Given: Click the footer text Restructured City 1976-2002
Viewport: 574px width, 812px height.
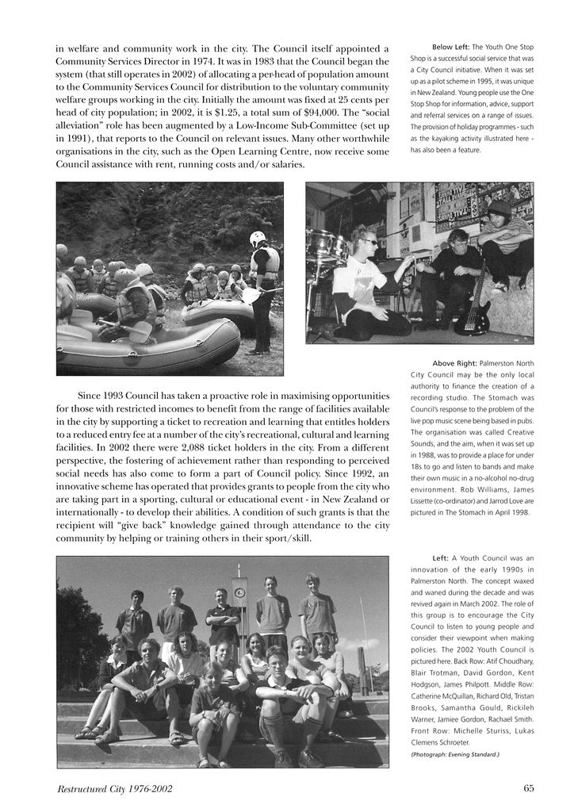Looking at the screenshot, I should click(x=115, y=789).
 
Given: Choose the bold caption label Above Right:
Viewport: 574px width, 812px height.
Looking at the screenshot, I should click(x=454, y=363).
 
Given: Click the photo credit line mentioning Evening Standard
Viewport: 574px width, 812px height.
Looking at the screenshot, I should click(x=454, y=754).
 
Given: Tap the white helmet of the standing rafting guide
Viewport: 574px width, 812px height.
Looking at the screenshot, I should click(x=258, y=237).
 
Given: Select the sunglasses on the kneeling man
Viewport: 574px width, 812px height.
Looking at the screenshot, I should click(x=369, y=241).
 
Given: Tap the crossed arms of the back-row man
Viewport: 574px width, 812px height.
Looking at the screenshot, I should click(x=223, y=615).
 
